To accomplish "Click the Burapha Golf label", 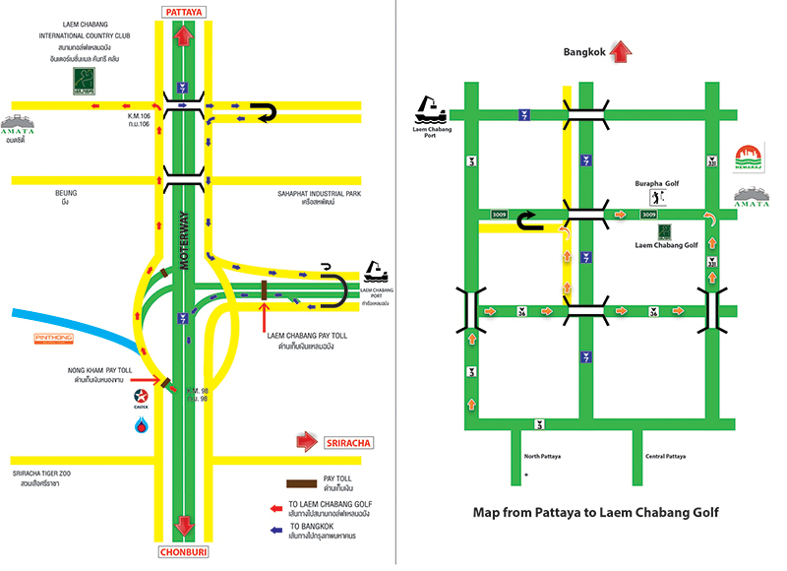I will pos(656,184).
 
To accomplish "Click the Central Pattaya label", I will pos(665,457).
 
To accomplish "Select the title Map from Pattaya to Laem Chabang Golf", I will pos(596,512).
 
